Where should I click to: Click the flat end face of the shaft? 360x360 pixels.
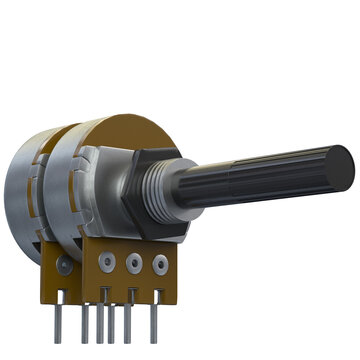tap(339, 166)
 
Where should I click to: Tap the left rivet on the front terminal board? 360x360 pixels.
tap(106, 262)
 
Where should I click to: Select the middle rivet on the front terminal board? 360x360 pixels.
tap(133, 264)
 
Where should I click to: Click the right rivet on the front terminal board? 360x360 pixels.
tap(160, 266)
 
